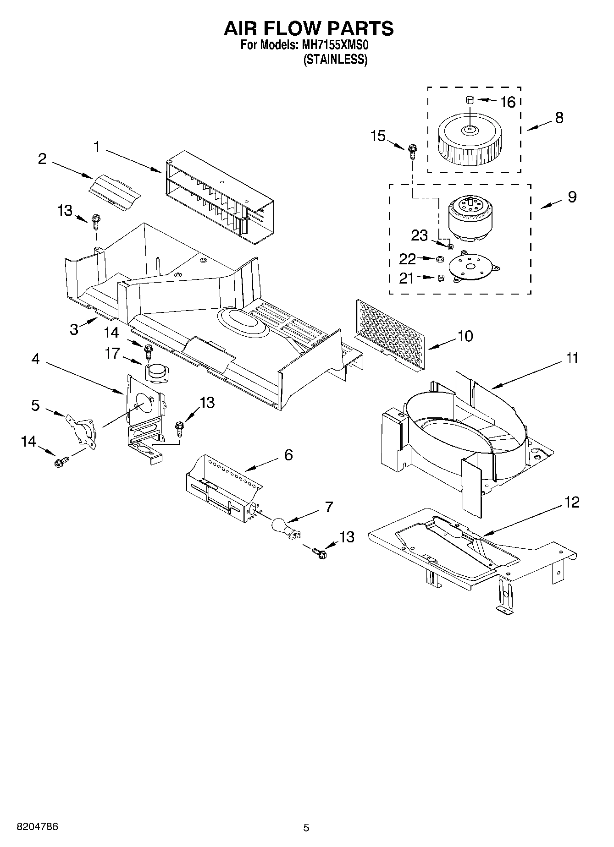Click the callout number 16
pos(508,102)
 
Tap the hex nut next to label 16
pos(469,99)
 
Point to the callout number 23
pos(419,235)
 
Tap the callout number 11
pos(571,358)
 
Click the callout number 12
pos(572,502)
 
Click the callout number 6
pos(288,454)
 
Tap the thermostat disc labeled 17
pos(156,372)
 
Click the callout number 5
pos(35,405)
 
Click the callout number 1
pos(97,147)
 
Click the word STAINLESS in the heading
pos(335,60)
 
